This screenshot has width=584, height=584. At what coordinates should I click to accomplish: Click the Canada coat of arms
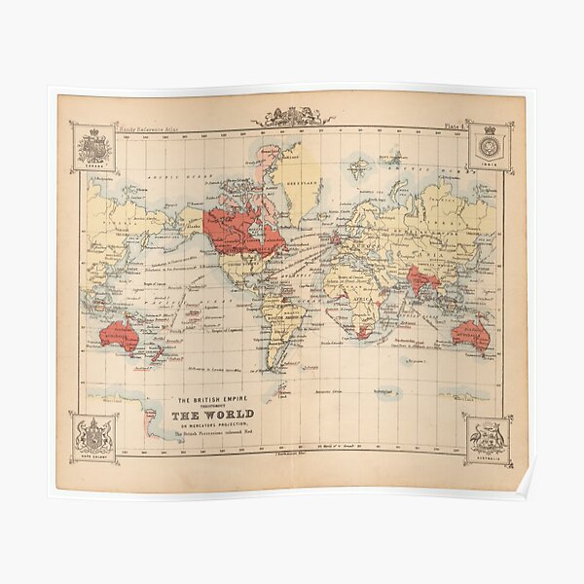pos(94,148)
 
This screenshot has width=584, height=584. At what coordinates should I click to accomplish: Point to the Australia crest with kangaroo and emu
pos(489,439)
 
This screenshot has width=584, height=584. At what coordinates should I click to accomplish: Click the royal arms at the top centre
pos(292,116)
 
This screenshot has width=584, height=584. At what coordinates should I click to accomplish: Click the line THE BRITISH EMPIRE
pos(211,399)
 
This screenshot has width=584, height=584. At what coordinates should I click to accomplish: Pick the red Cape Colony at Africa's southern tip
pos(362,332)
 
